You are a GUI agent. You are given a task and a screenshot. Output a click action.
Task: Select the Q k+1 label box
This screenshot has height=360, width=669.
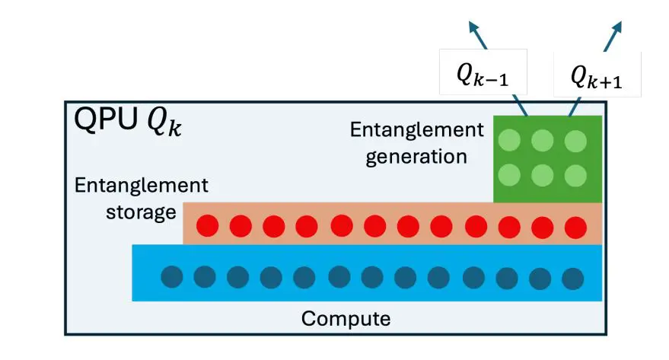point(597,75)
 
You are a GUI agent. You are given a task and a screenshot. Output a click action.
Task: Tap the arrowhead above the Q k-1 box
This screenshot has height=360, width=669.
point(474,28)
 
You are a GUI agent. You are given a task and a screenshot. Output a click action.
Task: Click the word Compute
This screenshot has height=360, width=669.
point(346,318)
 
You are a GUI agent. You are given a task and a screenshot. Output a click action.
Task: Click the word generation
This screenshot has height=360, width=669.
point(416,157)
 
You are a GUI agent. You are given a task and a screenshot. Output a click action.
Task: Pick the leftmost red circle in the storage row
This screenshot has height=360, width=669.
point(208,225)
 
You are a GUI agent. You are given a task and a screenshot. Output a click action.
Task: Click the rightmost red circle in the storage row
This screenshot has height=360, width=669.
point(575,226)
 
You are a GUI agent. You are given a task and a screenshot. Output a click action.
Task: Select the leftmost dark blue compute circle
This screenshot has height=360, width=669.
point(172,276)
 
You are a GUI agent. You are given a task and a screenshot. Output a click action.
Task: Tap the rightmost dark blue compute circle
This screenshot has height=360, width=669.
point(572,278)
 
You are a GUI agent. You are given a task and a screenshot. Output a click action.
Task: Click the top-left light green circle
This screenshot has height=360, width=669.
point(509,140)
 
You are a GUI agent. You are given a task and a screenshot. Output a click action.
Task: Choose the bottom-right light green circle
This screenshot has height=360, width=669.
point(575,176)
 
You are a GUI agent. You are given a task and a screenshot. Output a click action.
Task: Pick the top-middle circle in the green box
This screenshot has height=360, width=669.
point(542,140)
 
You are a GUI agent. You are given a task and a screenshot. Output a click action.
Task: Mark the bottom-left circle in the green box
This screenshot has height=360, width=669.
point(509,176)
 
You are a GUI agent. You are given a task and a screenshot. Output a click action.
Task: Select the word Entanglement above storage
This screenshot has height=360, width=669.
point(141,185)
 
